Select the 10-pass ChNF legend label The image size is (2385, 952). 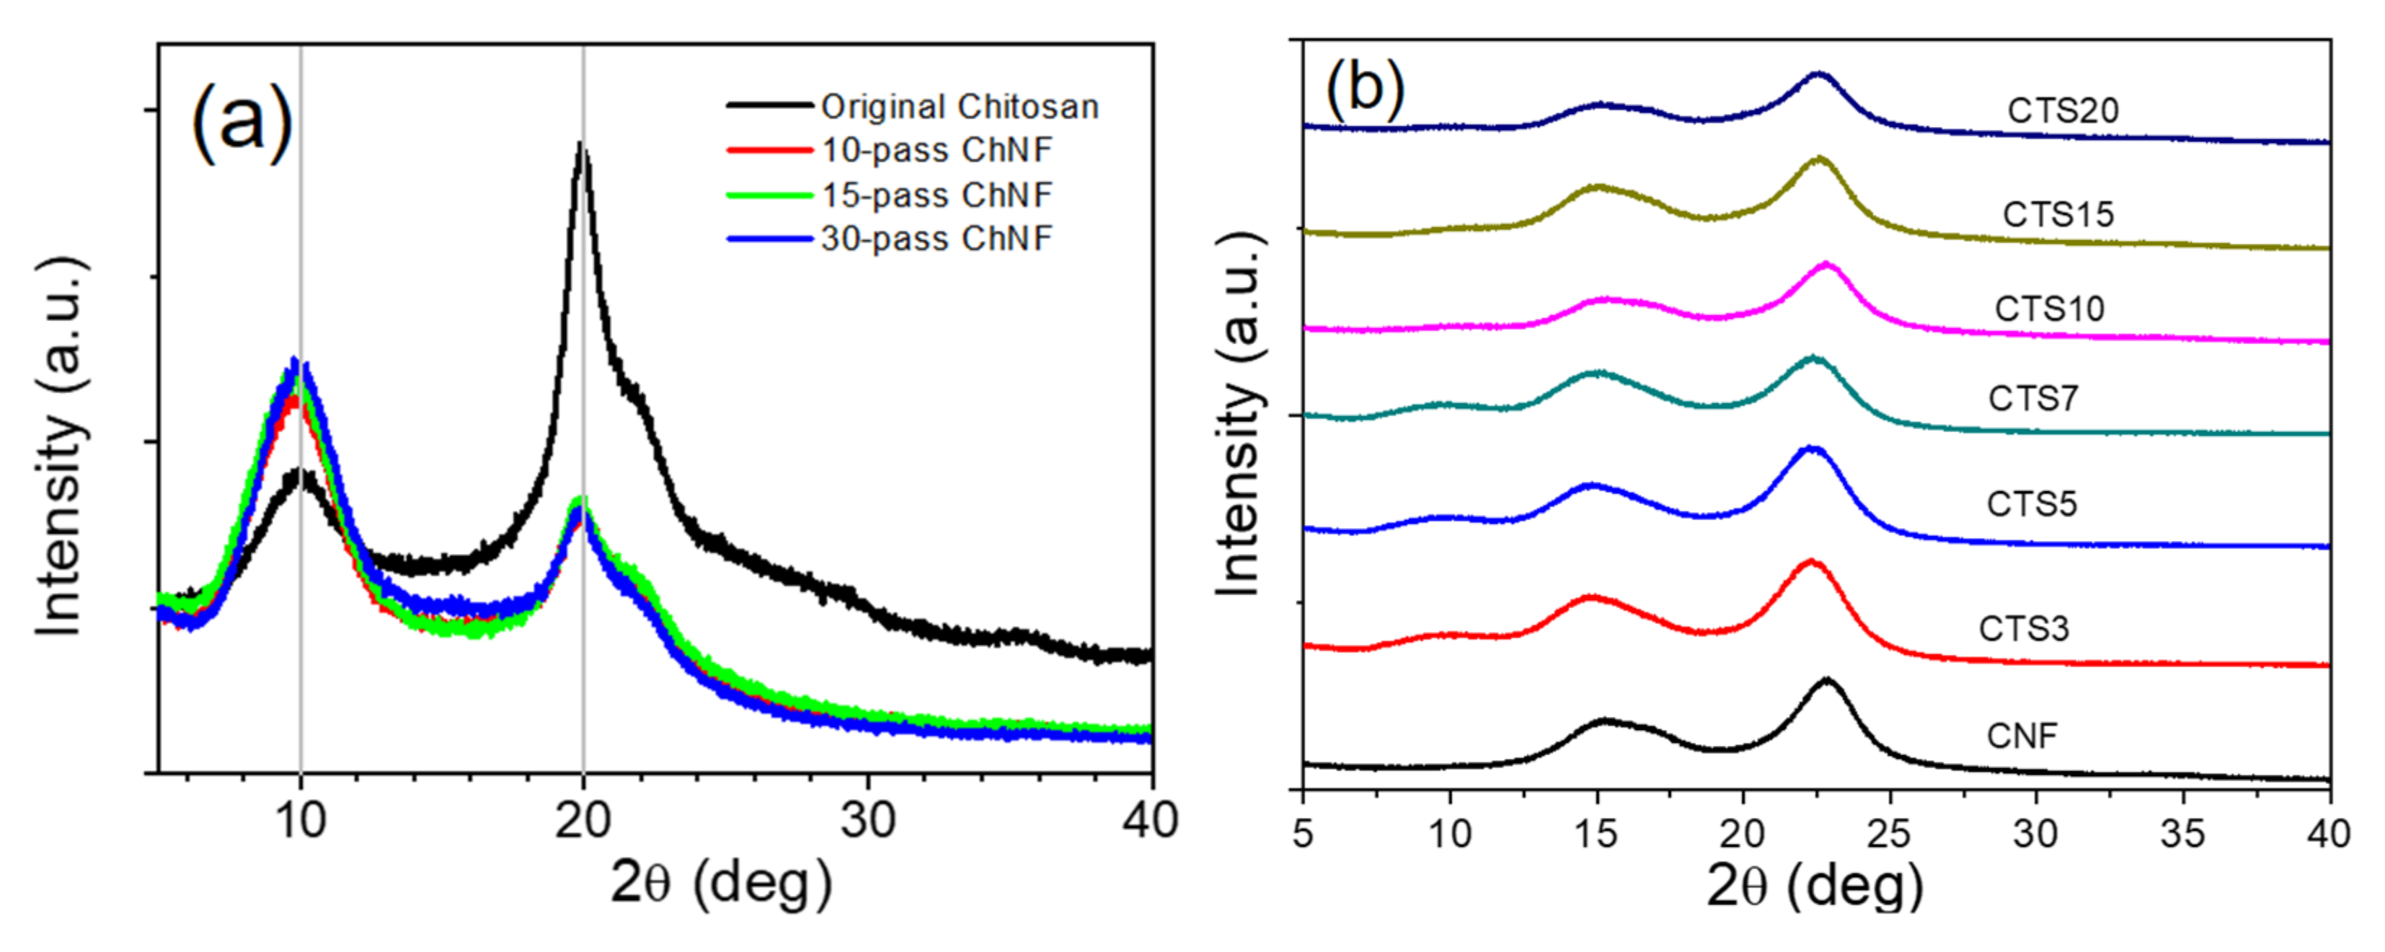pyautogui.click(x=937, y=150)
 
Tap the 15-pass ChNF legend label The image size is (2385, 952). pyautogui.click(x=937, y=195)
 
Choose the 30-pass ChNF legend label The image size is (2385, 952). pyautogui.click(x=937, y=239)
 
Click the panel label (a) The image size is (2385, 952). pyautogui.click(x=242, y=125)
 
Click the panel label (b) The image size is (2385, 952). pyautogui.click(x=1365, y=90)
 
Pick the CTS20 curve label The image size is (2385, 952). pyautogui.click(x=2063, y=111)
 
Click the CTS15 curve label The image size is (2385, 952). pyautogui.click(x=2058, y=215)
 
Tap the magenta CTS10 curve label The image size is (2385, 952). pyautogui.click(x=2049, y=309)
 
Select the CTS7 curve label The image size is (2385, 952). pyautogui.click(x=2033, y=398)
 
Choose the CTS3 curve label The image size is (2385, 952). pyautogui.click(x=2023, y=629)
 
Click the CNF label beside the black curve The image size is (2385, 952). pyautogui.click(x=2021, y=736)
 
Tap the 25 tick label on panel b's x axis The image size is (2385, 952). pyautogui.click(x=1889, y=834)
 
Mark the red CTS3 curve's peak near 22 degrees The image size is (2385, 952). pyautogui.click(x=1811, y=561)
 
